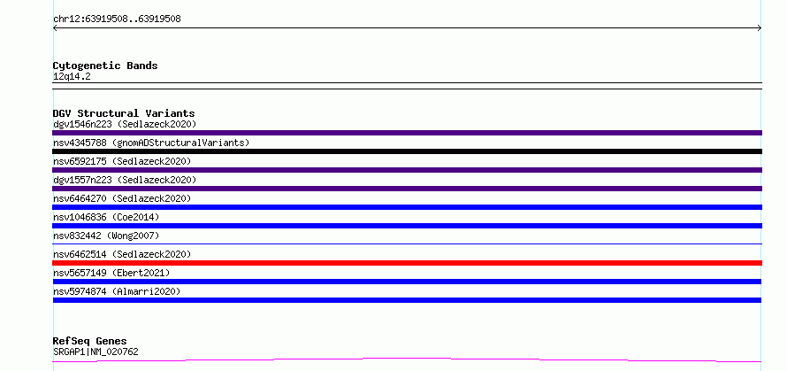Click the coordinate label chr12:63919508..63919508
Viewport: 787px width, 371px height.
point(117,19)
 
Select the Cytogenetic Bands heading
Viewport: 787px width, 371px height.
point(105,66)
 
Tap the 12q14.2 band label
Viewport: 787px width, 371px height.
point(72,77)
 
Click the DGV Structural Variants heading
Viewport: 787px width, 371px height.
point(124,113)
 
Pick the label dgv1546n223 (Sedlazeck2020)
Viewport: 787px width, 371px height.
point(125,124)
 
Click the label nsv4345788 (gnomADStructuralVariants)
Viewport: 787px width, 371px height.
point(151,143)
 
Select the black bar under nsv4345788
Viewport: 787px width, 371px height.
point(407,151)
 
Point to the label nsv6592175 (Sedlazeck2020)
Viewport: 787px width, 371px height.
point(122,161)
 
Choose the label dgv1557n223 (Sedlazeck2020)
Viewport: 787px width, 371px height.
point(125,180)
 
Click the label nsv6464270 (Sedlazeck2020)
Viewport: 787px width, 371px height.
point(122,198)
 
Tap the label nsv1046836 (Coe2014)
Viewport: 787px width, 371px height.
point(106,217)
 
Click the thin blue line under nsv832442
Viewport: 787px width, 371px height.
point(407,243)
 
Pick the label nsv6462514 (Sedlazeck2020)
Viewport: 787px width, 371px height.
point(122,254)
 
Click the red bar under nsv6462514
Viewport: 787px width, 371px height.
point(407,263)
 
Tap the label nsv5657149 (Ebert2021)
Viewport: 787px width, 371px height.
point(111,273)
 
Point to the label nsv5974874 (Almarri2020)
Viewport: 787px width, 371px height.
point(117,291)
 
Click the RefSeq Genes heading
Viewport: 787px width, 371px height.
point(89,342)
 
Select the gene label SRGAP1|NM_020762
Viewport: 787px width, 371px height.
point(96,352)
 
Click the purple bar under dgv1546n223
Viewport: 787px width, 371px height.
point(407,133)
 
